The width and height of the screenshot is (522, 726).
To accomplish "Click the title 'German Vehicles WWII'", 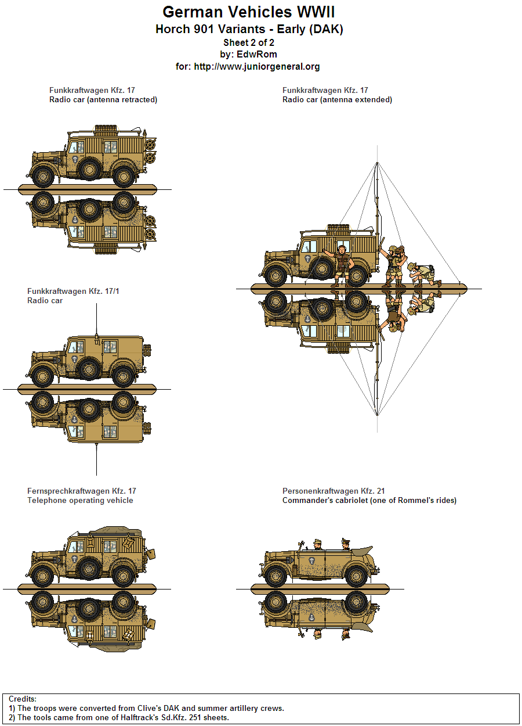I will (x=248, y=12).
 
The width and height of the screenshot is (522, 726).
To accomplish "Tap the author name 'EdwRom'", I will (x=256, y=55).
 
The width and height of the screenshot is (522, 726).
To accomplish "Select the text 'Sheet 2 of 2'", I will (x=248, y=42).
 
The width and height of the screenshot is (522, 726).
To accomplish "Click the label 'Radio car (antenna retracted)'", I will (x=103, y=100).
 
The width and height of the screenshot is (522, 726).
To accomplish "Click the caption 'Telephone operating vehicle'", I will (x=80, y=501).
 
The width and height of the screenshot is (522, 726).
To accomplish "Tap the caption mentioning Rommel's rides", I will (x=369, y=501).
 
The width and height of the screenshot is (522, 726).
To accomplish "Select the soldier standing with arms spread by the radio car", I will (x=341, y=265).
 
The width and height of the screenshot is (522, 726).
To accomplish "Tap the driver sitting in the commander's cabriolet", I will (x=317, y=544).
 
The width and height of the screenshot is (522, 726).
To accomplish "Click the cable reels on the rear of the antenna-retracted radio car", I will (x=151, y=149).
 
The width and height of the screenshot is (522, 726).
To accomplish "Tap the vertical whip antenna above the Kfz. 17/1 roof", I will (x=96, y=319).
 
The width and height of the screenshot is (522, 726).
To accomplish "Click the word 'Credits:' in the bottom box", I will (x=23, y=699).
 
